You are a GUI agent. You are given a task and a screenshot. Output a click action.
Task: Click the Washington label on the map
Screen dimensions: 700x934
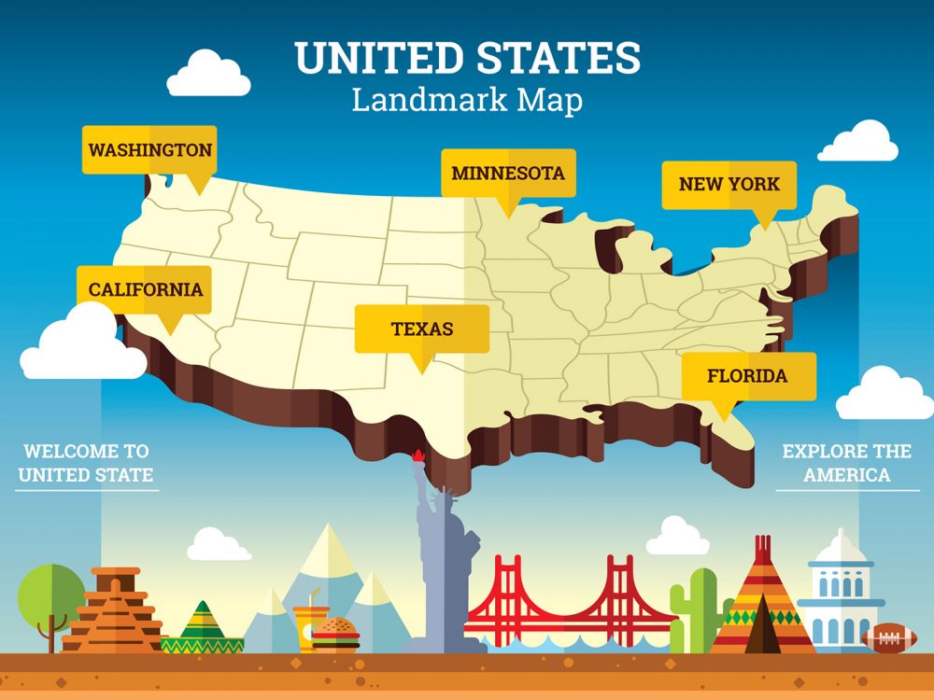[149, 150]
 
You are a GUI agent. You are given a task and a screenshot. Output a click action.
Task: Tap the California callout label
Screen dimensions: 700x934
[145, 289]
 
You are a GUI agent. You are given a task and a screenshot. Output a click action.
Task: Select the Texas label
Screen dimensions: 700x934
[422, 329]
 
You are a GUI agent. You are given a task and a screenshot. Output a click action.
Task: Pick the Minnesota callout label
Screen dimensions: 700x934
[508, 174]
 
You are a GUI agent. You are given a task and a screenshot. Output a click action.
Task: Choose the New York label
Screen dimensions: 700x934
[729, 184]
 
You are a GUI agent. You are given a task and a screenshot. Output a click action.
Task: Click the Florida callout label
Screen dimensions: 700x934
[747, 376]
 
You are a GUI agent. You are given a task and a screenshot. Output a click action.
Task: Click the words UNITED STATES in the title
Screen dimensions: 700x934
[468, 58]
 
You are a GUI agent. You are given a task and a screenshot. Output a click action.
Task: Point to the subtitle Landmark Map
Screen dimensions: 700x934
[467, 100]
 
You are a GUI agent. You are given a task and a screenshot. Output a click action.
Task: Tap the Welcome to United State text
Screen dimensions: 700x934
[86, 463]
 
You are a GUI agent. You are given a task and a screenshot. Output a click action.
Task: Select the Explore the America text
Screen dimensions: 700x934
[846, 463]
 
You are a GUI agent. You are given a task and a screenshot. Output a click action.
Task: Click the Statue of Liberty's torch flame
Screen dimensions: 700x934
[417, 455]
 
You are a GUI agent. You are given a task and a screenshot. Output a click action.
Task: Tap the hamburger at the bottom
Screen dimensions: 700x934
[335, 634]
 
